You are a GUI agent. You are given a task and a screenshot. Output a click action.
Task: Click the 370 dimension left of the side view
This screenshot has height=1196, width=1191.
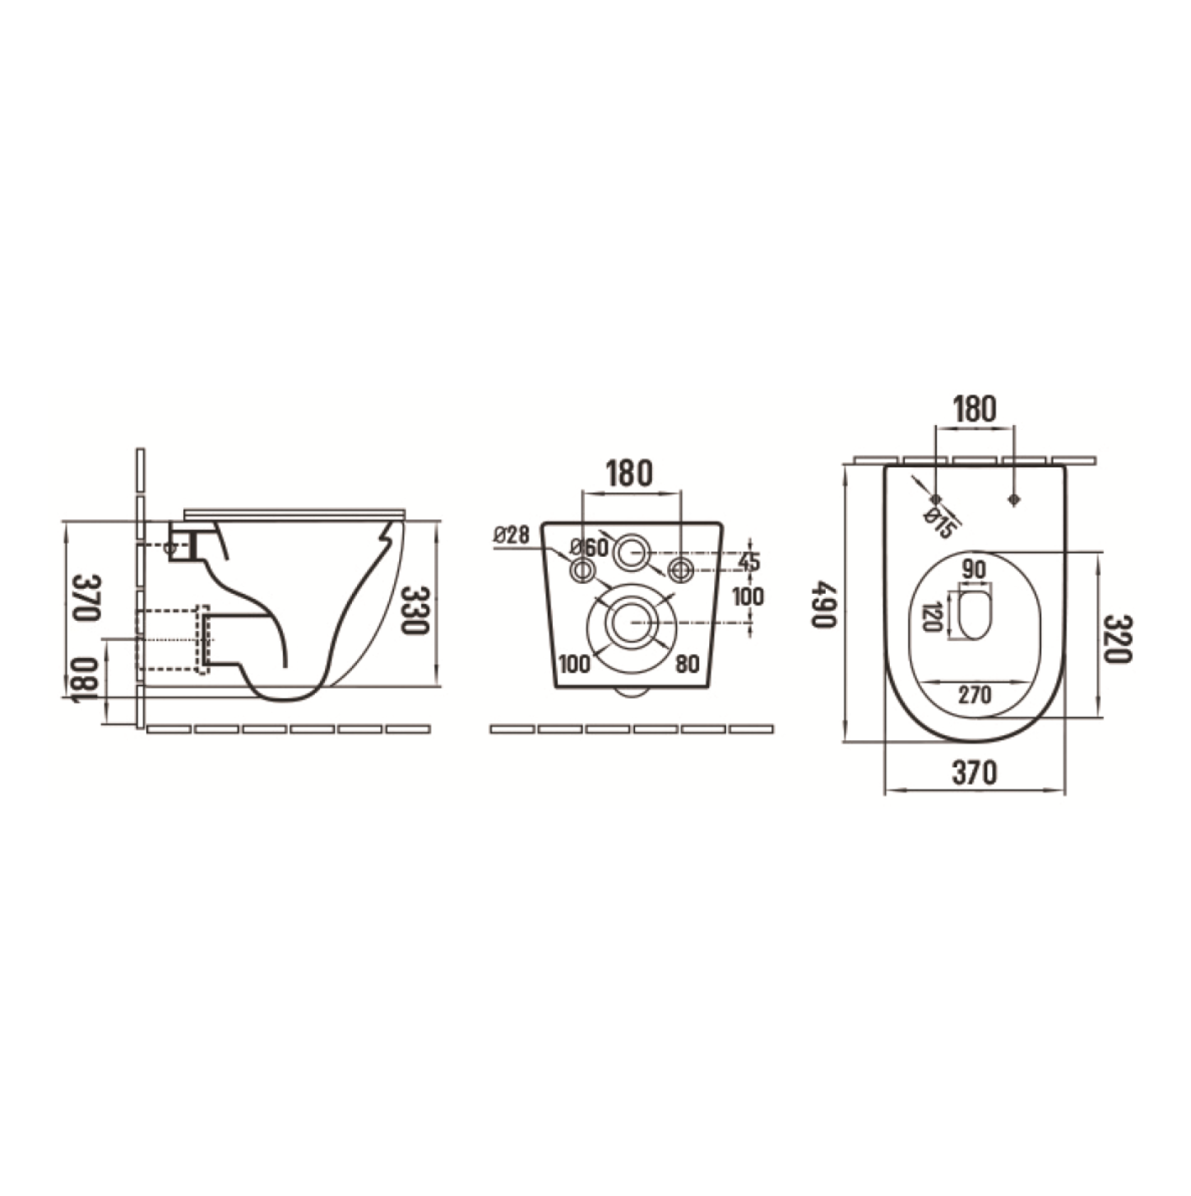click(85, 597)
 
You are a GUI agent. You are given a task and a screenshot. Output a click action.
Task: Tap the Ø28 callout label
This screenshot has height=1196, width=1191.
click(512, 535)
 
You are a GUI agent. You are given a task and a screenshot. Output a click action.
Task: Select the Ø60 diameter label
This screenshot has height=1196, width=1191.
click(589, 548)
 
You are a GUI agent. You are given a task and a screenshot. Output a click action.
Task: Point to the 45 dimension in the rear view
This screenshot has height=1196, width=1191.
click(749, 561)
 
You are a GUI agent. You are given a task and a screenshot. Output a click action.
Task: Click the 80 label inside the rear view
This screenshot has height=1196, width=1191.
click(687, 664)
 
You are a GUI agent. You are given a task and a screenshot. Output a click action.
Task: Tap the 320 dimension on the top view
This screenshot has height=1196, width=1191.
click(1117, 639)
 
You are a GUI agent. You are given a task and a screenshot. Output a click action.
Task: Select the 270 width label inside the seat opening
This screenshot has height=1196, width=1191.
click(975, 695)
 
